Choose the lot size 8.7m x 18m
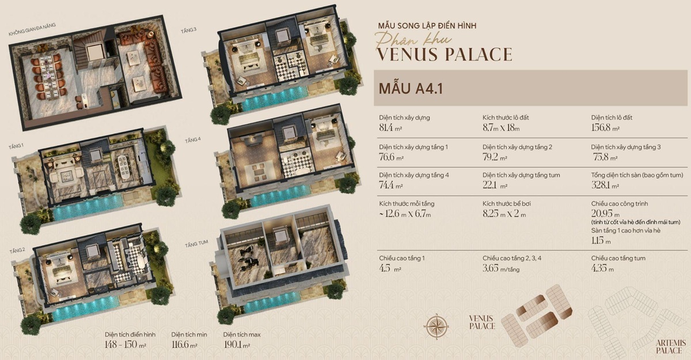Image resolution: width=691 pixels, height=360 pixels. pyautogui.click(x=501, y=128)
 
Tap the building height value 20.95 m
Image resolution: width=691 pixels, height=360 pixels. pyautogui.click(x=604, y=214)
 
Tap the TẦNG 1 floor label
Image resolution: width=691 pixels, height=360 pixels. pyautogui.click(x=16, y=146)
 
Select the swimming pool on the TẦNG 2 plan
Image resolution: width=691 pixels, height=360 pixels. pyautogui.click(x=86, y=308)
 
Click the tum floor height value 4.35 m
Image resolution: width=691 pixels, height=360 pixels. pyautogui.click(x=602, y=268)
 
